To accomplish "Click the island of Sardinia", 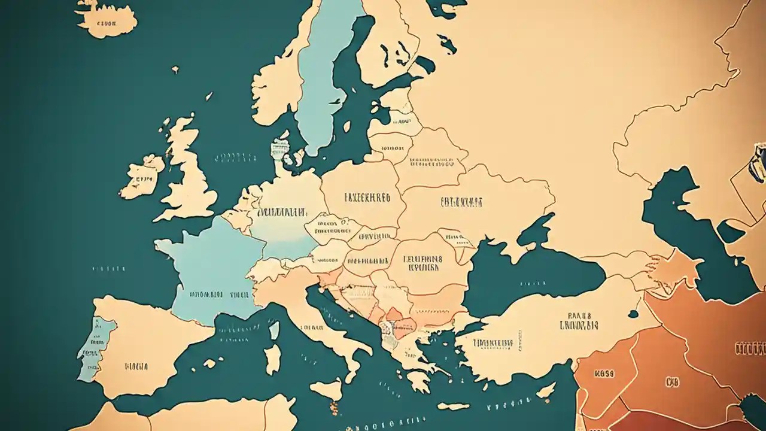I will click(273, 359).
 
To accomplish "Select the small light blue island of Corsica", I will click(274, 330).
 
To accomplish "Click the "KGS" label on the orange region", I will click(604, 374).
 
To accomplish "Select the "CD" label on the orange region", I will click(672, 381).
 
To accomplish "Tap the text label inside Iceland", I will click(106, 25).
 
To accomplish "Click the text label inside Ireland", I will click(144, 178).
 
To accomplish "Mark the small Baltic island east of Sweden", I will click(346, 126).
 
